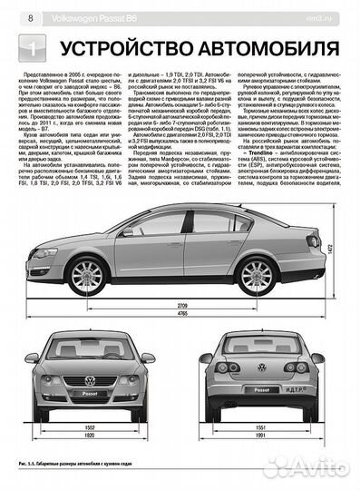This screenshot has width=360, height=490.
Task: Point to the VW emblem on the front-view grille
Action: (x=89, y=380)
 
